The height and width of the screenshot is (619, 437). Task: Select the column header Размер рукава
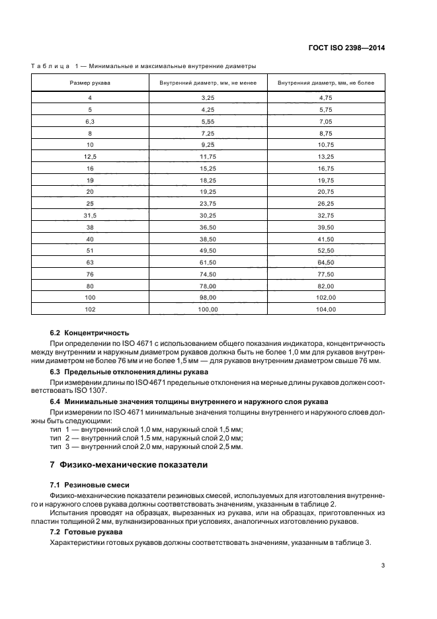click(x=90, y=83)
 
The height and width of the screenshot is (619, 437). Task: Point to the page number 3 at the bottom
click(x=383, y=565)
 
